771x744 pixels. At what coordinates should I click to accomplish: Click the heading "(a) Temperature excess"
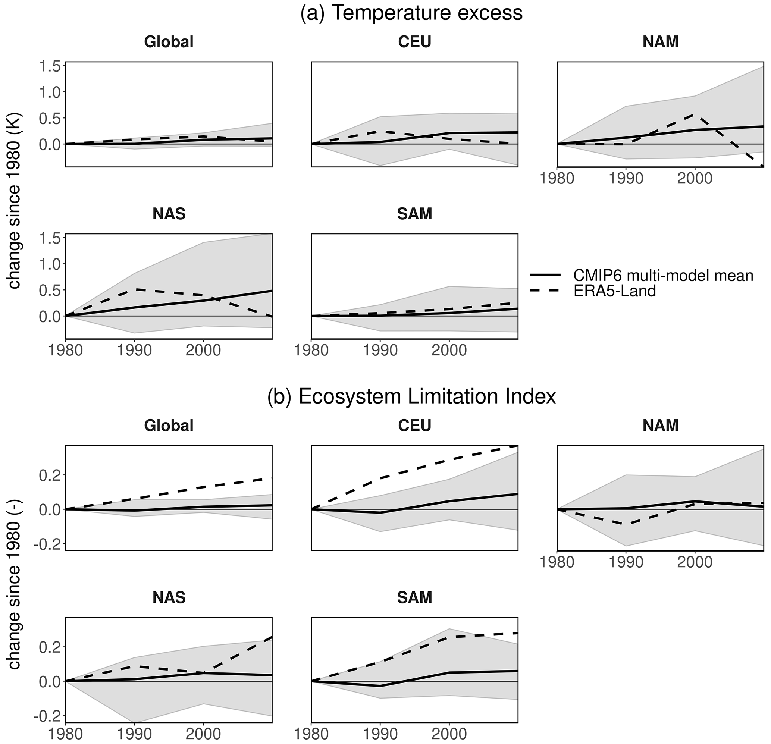411,13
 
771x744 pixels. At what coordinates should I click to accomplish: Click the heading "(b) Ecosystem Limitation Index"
411,396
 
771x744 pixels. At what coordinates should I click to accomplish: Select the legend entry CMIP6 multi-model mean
663,275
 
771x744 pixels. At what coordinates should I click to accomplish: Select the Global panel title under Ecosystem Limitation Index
169,426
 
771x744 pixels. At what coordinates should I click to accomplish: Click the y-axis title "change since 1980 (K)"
14,202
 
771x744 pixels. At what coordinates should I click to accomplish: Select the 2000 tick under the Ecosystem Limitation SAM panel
449,734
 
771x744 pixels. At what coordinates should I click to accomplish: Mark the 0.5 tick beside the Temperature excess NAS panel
50,290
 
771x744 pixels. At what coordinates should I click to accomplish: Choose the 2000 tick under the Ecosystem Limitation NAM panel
695,562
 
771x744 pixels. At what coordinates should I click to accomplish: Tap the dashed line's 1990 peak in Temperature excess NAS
135,289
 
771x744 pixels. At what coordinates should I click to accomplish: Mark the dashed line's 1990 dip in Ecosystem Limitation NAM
626,524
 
